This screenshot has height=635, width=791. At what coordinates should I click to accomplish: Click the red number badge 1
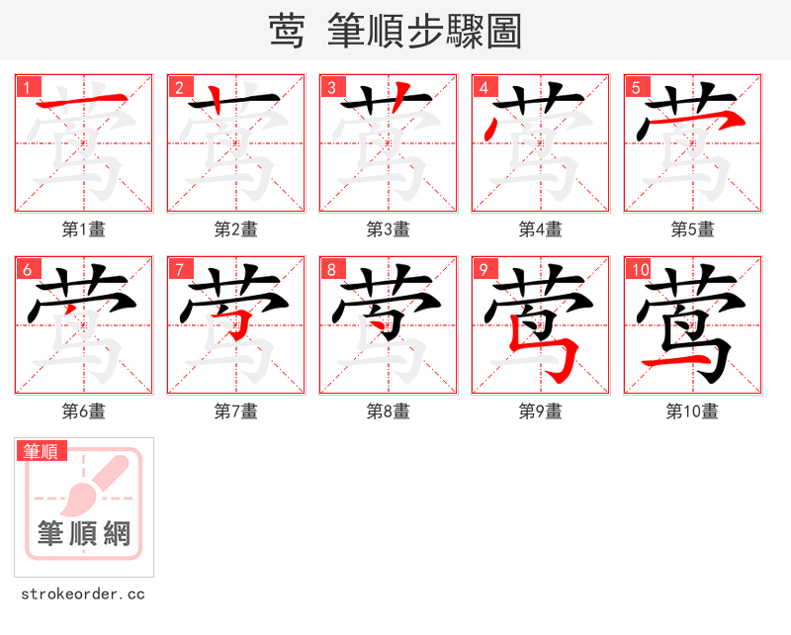(27, 86)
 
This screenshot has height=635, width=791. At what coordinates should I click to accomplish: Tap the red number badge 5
(636, 86)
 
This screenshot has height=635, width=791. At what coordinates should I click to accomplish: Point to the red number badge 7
(179, 268)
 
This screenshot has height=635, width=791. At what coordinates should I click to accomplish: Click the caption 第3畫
(388, 229)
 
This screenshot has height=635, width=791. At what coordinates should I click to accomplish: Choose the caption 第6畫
(83, 411)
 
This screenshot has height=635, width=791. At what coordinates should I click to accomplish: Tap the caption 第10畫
(692, 411)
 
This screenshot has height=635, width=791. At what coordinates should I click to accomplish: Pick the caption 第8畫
(388, 411)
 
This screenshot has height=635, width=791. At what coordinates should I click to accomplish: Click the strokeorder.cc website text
(83, 594)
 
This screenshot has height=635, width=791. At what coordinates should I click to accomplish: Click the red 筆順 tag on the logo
(42, 451)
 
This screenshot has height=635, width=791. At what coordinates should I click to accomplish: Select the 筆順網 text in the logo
(84, 534)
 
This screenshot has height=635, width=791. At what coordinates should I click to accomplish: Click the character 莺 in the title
(287, 32)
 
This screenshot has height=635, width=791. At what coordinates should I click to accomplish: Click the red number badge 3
(331, 86)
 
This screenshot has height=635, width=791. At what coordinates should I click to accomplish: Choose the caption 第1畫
(83, 229)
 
